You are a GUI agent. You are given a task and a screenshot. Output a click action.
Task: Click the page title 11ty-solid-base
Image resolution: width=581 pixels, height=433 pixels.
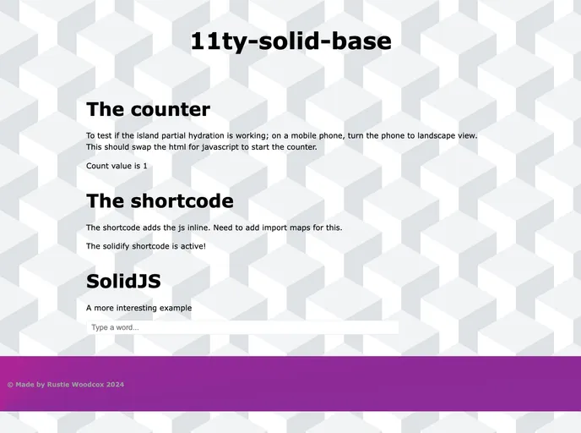pyautogui.click(x=290, y=41)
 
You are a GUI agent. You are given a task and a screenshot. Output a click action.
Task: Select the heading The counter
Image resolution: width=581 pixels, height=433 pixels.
pyautogui.click(x=148, y=109)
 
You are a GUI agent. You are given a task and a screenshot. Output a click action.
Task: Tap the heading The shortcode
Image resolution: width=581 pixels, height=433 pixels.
pyautogui.click(x=160, y=201)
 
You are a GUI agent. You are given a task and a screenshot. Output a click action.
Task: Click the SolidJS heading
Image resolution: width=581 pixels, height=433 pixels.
pyautogui.click(x=123, y=282)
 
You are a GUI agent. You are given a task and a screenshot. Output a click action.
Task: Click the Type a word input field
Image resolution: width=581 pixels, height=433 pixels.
pyautogui.click(x=242, y=327)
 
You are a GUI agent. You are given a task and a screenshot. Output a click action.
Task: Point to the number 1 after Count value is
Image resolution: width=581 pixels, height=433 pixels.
pyautogui.click(x=144, y=166)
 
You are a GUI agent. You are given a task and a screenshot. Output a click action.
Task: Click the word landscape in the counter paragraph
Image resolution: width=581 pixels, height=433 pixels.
pyautogui.click(x=433, y=135)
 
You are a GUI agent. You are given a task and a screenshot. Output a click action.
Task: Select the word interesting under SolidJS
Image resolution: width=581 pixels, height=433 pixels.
pyautogui.click(x=149, y=308)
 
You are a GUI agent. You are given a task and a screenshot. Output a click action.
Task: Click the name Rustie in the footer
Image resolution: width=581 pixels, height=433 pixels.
pyautogui.click(x=59, y=385)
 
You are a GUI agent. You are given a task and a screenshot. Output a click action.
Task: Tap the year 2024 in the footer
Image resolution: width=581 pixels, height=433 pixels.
pyautogui.click(x=115, y=385)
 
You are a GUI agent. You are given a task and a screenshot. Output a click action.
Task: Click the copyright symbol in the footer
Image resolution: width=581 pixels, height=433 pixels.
pyautogui.click(x=10, y=385)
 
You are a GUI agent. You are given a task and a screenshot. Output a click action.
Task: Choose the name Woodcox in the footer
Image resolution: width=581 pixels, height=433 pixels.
pyautogui.click(x=88, y=385)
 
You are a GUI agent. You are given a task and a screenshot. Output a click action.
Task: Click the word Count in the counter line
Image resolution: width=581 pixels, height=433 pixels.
pyautogui.click(x=98, y=166)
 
